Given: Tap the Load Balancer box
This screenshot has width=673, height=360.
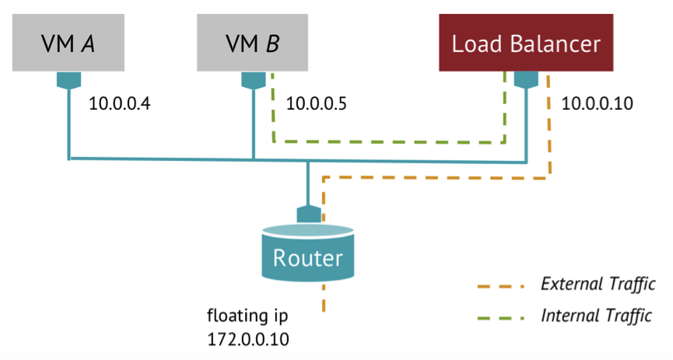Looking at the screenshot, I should pos(527,43).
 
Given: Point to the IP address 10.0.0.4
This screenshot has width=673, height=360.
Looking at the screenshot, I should pos(117,103).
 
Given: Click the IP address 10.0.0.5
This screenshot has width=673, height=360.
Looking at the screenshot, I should pos(315,103).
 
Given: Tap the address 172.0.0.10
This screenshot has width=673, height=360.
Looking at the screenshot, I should pos(244,339).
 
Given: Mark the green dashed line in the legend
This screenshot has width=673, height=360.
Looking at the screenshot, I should pos(502,316).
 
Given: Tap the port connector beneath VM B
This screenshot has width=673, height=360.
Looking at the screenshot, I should pos(253,80).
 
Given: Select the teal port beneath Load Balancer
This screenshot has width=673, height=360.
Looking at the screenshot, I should pos(527,80).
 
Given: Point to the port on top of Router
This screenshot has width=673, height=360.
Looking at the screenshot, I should pos(309,213).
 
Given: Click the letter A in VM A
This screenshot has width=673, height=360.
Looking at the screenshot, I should pos(89,43).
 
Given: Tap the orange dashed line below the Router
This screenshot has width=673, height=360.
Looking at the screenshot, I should pos(321,299).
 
